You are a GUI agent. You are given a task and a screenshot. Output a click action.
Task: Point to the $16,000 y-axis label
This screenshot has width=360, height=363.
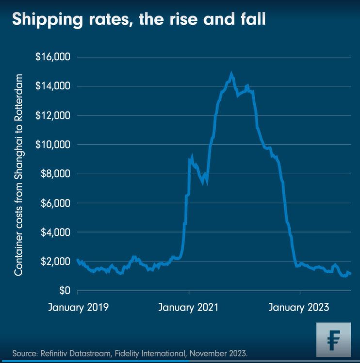tap(53, 57)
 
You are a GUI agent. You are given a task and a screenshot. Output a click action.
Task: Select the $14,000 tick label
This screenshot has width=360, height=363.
tap(53, 86)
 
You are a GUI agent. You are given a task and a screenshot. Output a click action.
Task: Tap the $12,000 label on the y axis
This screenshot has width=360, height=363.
tap(53, 115)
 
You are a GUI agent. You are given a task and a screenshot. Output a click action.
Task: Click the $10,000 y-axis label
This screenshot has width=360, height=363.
tap(53, 145)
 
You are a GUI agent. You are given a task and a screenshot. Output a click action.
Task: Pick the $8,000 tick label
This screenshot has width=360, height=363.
tap(55, 174)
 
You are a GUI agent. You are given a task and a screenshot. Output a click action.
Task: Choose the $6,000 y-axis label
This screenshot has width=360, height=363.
tap(55, 203)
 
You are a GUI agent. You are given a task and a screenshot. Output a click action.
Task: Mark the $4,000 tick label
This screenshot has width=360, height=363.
tap(55, 232)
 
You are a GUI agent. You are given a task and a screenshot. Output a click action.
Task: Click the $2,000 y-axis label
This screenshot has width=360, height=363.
tap(55, 262)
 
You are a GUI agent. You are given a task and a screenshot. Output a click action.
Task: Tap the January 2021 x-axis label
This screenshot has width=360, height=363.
tap(189, 308)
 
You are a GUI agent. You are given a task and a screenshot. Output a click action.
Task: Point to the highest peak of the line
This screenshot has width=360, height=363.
tap(231, 74)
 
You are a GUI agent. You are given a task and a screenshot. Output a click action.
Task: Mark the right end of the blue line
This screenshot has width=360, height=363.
tap(350, 274)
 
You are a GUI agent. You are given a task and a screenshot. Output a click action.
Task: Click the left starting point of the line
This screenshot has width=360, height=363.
tap(78, 260)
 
